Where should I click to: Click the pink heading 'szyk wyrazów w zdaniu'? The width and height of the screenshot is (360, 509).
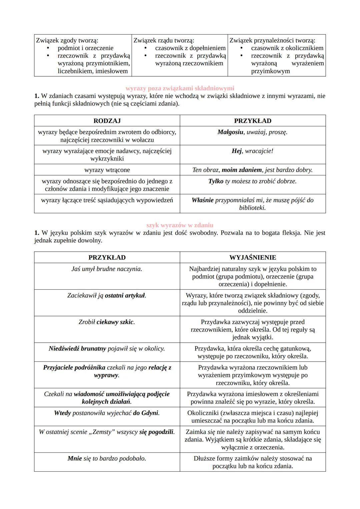180,225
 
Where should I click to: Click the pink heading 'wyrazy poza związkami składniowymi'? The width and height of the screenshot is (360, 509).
180,88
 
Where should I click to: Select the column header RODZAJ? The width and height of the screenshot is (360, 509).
107,121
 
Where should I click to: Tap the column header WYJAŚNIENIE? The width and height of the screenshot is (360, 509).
253,257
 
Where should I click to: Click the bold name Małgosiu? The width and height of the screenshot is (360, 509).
230,132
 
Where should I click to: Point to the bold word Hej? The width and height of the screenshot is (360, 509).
237,151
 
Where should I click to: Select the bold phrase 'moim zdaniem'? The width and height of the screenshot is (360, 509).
242,170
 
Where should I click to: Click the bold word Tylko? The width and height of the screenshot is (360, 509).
216,181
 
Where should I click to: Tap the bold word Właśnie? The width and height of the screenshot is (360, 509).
202,200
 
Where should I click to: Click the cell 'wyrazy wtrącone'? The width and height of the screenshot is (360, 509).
107,170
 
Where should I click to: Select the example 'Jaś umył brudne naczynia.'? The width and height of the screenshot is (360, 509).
107,269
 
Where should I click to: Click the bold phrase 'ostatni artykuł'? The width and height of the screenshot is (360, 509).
125,296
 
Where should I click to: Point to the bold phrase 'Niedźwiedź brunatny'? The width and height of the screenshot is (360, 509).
77,349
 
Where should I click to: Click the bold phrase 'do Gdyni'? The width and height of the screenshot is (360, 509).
146,413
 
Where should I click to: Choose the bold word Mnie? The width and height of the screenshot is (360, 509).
75,459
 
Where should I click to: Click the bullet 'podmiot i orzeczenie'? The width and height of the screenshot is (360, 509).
85,48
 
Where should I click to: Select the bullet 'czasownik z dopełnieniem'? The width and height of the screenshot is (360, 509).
190,48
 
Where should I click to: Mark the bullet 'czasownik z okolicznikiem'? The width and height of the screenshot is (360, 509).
287,48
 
